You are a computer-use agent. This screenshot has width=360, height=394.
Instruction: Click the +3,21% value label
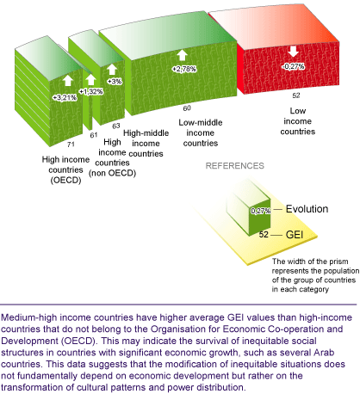point(65,98)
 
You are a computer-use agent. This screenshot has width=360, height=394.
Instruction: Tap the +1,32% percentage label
point(91,91)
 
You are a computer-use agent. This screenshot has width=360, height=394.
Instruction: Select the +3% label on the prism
point(115,82)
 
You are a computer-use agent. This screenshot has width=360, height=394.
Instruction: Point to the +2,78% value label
point(184,69)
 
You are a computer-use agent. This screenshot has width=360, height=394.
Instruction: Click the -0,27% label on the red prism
point(293,66)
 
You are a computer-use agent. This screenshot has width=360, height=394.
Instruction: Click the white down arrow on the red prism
point(294,52)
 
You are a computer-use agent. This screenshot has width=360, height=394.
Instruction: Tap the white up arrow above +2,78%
point(182,55)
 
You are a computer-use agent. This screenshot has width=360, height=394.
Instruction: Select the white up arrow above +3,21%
point(68,80)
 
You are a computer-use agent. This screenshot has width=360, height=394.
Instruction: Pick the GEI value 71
point(71,145)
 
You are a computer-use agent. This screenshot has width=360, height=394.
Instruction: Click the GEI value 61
point(94,135)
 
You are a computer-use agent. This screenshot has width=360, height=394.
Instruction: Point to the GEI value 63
point(116,126)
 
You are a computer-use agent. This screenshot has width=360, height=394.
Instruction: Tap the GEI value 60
point(187,108)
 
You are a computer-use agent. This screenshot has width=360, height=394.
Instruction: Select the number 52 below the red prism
point(296,95)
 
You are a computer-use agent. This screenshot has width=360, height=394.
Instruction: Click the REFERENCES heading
point(235,166)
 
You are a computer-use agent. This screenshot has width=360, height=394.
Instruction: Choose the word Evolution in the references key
point(307,209)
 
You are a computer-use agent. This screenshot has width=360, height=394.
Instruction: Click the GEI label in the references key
point(295,235)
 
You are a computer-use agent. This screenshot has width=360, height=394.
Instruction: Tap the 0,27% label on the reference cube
point(261,211)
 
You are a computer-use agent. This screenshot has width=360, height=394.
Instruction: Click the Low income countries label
point(298,121)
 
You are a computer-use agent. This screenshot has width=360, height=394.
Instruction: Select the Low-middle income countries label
point(201,132)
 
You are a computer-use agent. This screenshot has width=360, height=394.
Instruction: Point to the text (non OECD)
point(112,173)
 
